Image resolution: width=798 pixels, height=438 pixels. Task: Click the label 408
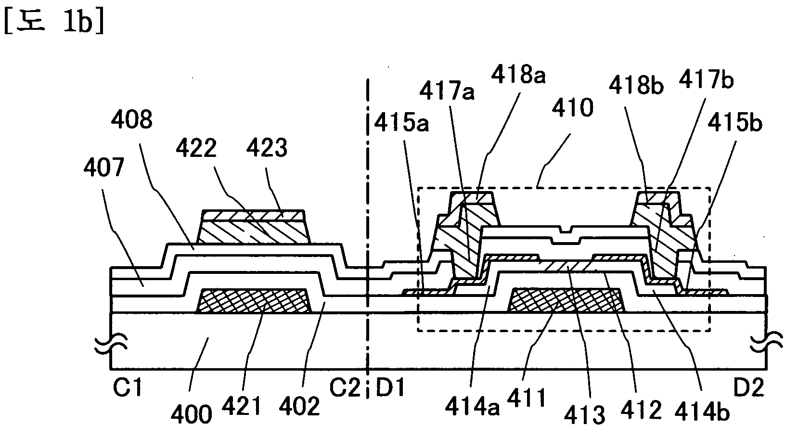131,120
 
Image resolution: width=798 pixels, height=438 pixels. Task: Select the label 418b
636,87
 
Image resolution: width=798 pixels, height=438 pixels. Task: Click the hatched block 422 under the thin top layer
254,232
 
